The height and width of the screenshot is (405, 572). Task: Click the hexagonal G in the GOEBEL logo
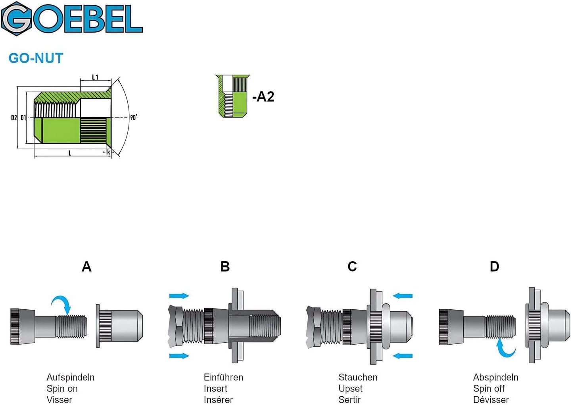click(x=17, y=19)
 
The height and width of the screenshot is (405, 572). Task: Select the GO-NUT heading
click(x=36, y=58)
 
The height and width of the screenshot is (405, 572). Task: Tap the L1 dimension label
click(x=95, y=77)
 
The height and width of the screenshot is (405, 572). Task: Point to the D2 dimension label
click(x=14, y=118)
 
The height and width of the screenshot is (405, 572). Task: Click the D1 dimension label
click(x=23, y=118)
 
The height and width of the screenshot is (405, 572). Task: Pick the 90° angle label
click(x=134, y=118)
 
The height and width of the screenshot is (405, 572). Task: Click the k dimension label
click(x=109, y=152)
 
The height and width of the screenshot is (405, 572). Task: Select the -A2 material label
click(x=263, y=96)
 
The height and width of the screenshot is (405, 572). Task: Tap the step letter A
click(x=86, y=267)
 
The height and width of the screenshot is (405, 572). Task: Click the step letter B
click(x=225, y=267)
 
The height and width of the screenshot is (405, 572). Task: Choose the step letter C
click(x=352, y=267)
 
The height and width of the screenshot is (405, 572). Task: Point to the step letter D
click(x=494, y=267)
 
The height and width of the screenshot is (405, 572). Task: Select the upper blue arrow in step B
click(x=179, y=296)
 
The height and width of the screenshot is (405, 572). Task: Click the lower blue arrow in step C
click(x=403, y=356)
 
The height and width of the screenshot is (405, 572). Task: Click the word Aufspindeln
click(x=71, y=377)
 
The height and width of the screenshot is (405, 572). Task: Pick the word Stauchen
click(x=358, y=377)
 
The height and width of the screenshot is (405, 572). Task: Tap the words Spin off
click(x=489, y=388)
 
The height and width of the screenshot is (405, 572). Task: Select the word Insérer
click(x=218, y=399)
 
